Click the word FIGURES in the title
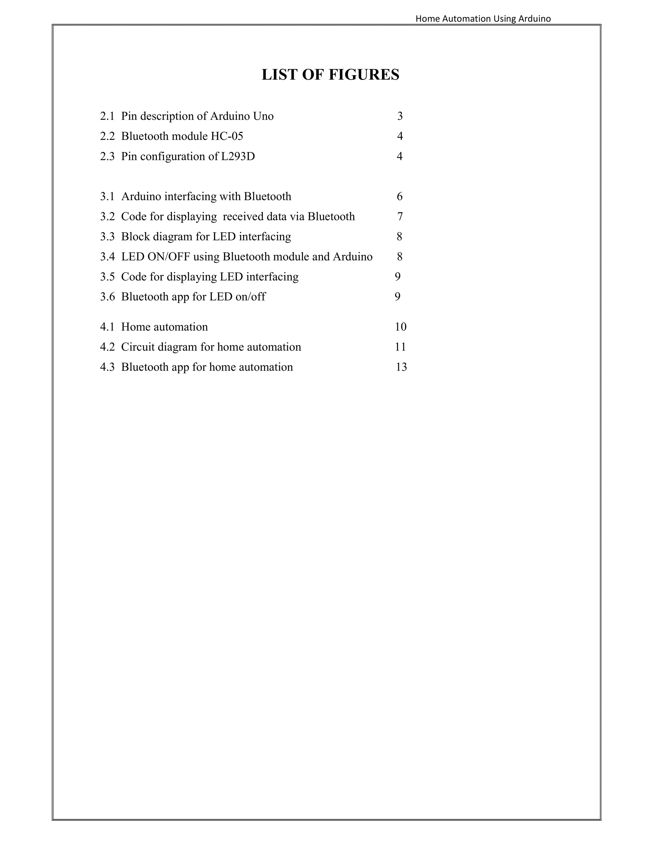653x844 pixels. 363,75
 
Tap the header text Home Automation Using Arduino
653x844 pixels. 483,18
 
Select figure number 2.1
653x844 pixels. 107,116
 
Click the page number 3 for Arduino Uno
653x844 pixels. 400,116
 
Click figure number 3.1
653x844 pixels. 107,197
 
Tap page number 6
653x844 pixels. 400,197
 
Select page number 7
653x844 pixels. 400,217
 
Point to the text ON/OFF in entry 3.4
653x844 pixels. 169,257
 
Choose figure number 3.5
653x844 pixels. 107,277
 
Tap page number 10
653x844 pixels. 400,327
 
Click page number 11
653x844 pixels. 400,347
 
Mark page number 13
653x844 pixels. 401,367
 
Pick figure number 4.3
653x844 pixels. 107,367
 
